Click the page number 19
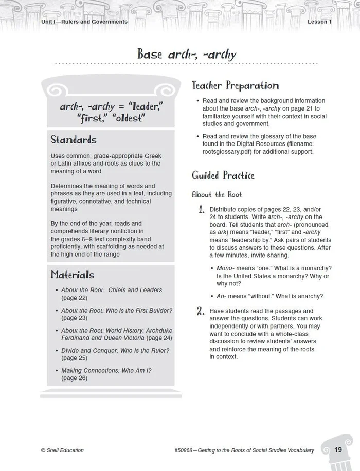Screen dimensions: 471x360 pyautogui.click(x=338, y=450)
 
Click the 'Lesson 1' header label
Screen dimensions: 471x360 pyautogui.click(x=319, y=22)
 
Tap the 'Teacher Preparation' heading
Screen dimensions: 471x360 pyautogui.click(x=235, y=86)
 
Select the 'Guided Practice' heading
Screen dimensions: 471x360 pyautogui.click(x=223, y=175)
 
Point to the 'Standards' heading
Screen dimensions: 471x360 pyautogui.click(x=73, y=140)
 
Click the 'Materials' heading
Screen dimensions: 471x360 pyautogui.click(x=72, y=275)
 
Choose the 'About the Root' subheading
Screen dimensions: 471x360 pyautogui.click(x=217, y=194)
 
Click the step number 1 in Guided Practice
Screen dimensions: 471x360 pyautogui.click(x=202, y=210)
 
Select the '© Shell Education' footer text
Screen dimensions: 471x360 pyautogui.click(x=62, y=450)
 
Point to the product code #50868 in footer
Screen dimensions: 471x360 pyautogui.click(x=185, y=450)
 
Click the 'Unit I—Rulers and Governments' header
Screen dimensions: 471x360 pyautogui.click(x=84, y=22)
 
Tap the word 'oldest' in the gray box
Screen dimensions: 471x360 pyautogui.click(x=127, y=118)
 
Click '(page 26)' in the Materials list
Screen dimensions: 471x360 pyautogui.click(x=74, y=378)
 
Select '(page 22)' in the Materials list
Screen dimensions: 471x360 pyautogui.click(x=74, y=298)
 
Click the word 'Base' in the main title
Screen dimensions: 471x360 pyautogui.click(x=150, y=53)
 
